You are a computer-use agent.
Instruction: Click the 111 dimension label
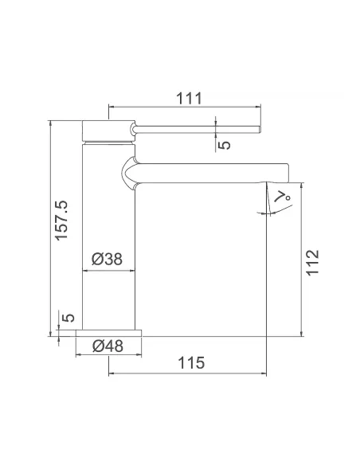[x=189, y=98]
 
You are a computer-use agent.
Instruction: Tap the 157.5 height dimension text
[x=61, y=221]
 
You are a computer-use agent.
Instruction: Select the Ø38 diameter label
[x=107, y=259]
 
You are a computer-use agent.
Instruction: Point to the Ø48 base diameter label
[x=108, y=346]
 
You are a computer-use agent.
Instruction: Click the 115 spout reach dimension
[x=191, y=363]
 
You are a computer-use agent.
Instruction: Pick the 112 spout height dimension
[x=312, y=263]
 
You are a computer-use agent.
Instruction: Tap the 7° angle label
[x=283, y=197]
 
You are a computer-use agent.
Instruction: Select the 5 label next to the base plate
[x=68, y=318]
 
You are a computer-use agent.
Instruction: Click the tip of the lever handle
[x=260, y=129]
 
